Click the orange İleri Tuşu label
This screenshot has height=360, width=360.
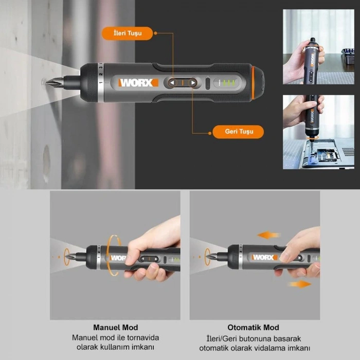coord(127,34)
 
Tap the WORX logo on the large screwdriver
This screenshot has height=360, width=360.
coord(138,82)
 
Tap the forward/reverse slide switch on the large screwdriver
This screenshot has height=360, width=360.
coord(183,83)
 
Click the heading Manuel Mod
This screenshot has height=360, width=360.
coord(115,328)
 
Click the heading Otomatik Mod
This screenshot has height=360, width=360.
coord(253,328)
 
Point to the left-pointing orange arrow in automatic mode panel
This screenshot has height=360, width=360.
coord(268,235)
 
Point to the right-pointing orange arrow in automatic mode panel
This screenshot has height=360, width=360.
coord(300,284)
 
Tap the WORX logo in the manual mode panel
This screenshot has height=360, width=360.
coord(118,258)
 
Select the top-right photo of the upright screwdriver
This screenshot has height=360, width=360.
coord(318,47)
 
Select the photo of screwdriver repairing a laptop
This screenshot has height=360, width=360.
coord(318,132)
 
